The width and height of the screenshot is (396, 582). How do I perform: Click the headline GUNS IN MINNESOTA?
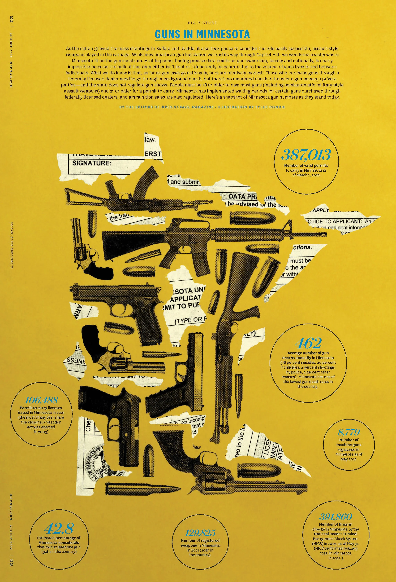coord(202,34)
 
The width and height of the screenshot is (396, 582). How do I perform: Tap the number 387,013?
coord(306,155)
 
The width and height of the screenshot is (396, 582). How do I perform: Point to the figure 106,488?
coord(42,400)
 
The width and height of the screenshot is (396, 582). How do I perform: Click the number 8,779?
coord(349,432)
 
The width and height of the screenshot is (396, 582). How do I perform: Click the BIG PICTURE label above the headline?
coord(202,23)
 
